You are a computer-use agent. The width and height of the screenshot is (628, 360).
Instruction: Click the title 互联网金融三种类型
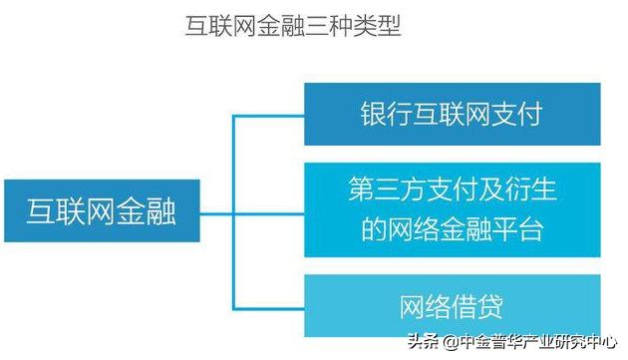click(x=293, y=26)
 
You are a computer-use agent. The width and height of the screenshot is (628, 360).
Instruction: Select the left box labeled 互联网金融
click(x=101, y=211)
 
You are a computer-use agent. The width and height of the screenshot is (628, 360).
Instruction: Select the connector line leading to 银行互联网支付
click(x=268, y=115)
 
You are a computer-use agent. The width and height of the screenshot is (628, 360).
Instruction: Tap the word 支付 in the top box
click(x=519, y=114)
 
